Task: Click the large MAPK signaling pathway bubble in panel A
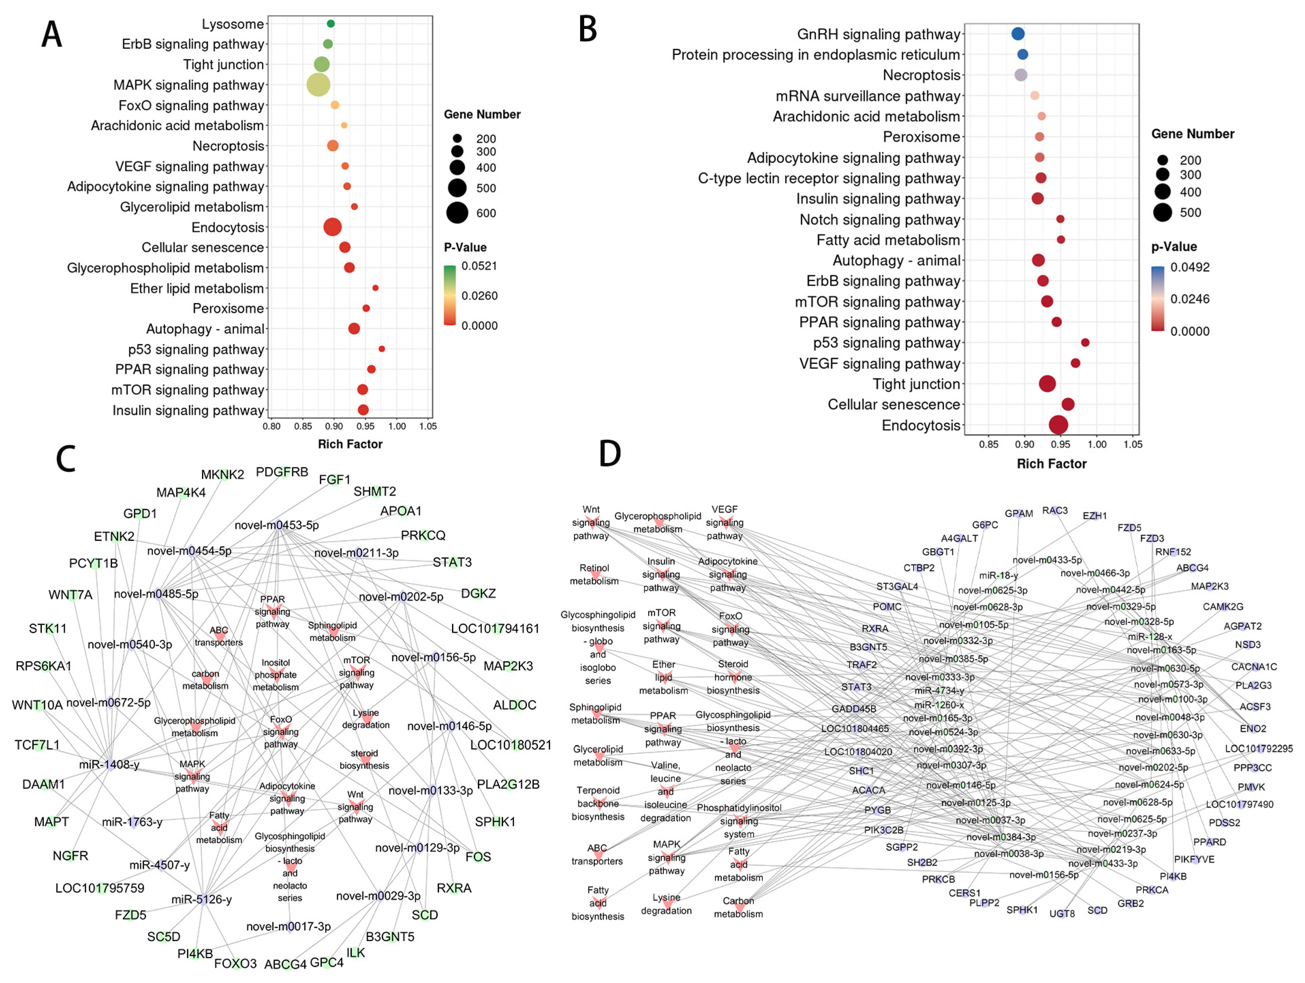(x=318, y=84)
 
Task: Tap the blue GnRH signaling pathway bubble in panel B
(x=1018, y=34)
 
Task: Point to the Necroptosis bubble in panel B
(x=1021, y=75)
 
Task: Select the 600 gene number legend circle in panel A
(x=457, y=213)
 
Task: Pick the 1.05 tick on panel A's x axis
(x=428, y=426)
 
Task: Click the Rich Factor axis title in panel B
(x=1051, y=464)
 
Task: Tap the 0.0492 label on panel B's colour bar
(x=1190, y=267)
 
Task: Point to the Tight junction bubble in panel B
(x=1047, y=384)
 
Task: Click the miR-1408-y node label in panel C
(x=109, y=765)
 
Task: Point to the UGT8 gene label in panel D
(x=1061, y=914)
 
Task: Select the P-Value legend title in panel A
(x=465, y=247)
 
